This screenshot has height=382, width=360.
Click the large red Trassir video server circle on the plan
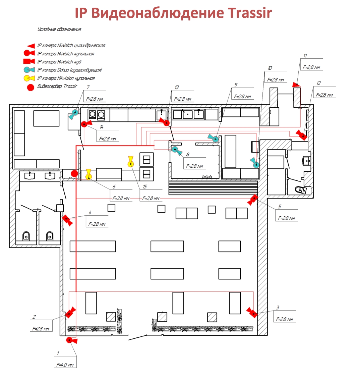(x=74, y=173)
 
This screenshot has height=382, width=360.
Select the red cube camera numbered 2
(x=70, y=313)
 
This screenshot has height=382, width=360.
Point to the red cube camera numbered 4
(x=67, y=220)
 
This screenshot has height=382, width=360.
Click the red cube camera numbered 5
(x=252, y=200)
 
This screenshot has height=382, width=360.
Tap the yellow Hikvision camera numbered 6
(x=88, y=175)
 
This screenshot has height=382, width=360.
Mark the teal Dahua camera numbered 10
(x=255, y=164)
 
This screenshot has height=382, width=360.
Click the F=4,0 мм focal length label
(x=65, y=365)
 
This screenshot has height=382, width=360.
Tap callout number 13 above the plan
(x=177, y=88)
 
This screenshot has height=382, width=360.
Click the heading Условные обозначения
(x=59, y=30)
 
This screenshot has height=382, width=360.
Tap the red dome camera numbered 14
(x=86, y=124)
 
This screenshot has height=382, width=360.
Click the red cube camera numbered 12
(x=302, y=135)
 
